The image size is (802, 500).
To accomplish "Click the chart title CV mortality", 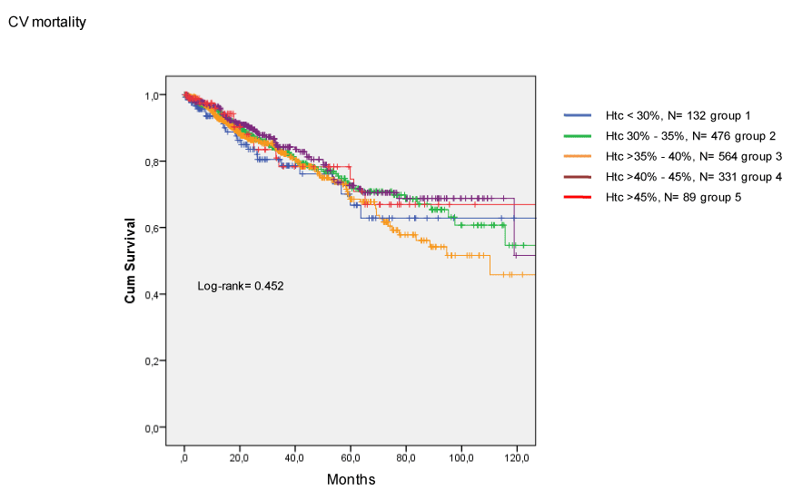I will coord(47,22).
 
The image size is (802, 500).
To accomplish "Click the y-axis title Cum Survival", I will coord(131,260).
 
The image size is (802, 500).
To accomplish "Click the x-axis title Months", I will coord(351,479).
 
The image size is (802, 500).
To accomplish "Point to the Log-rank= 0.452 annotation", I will coord(241,287).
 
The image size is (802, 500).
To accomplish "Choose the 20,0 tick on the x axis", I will coord(240,458).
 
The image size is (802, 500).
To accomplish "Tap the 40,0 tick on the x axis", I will coord(295,458).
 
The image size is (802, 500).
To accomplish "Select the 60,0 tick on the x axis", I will coord(351,458).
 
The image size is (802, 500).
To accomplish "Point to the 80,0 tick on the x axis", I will coord(406,458).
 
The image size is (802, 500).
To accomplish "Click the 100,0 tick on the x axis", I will coord(461,458).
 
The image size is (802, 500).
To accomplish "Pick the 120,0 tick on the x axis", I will coord(517,458).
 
